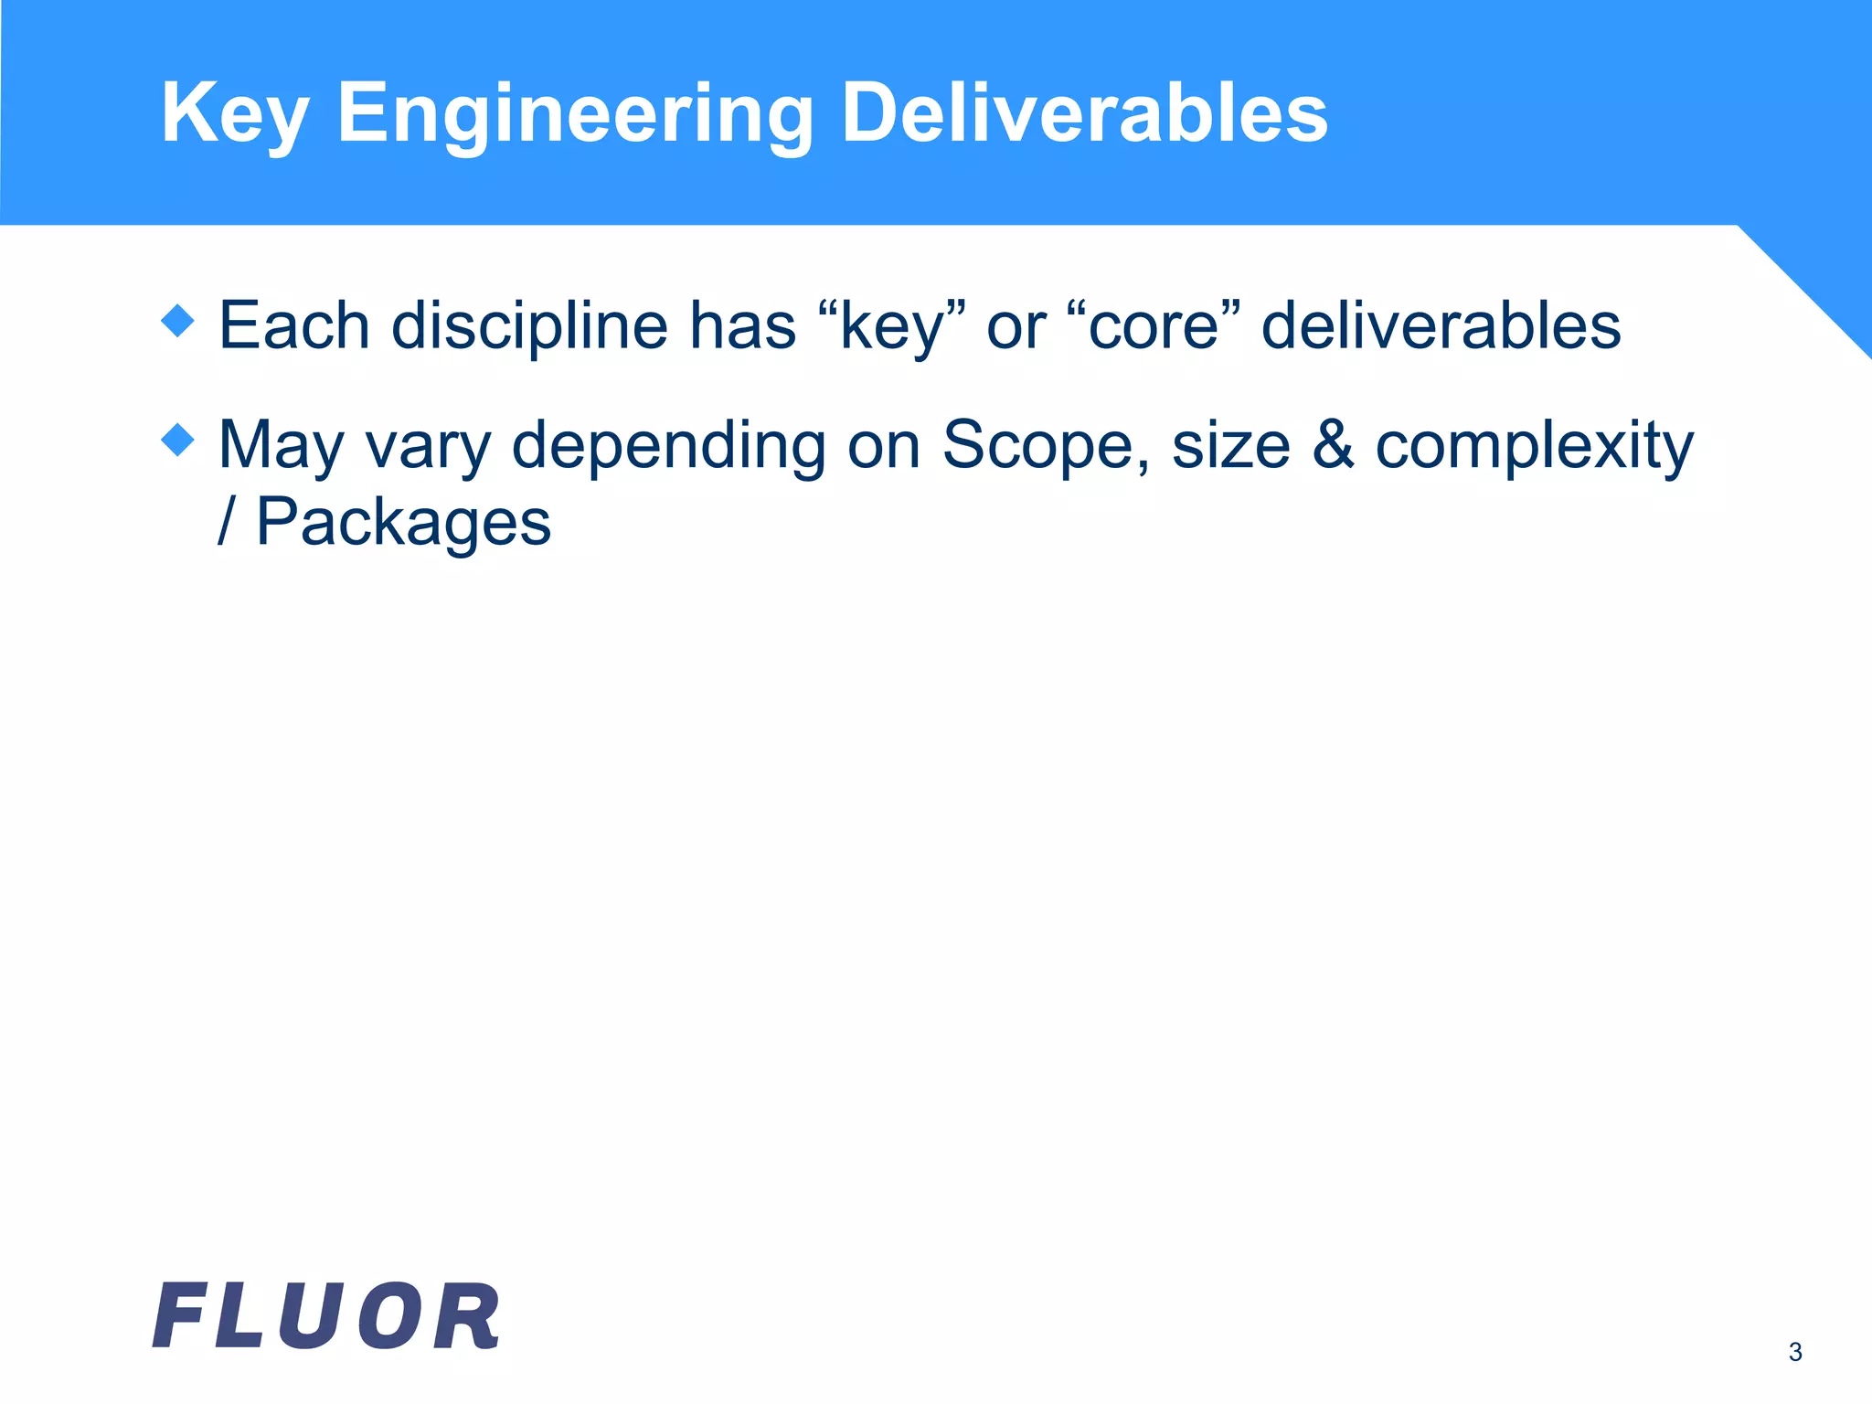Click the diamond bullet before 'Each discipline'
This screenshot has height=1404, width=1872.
(x=177, y=321)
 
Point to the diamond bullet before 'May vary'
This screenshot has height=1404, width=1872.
(x=177, y=440)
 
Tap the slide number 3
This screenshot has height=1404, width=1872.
(x=1794, y=1352)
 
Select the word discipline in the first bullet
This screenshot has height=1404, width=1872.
(x=529, y=325)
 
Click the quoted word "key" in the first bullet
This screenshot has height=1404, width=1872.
(x=891, y=325)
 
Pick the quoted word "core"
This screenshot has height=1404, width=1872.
(x=1154, y=325)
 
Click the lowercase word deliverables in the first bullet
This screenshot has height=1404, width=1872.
(x=1441, y=325)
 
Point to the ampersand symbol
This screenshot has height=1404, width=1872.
(x=1333, y=445)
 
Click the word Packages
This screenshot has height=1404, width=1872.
(x=403, y=523)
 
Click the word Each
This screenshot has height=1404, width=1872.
(x=294, y=325)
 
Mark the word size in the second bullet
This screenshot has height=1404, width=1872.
(x=1230, y=445)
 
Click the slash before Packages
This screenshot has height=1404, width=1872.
(x=225, y=521)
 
